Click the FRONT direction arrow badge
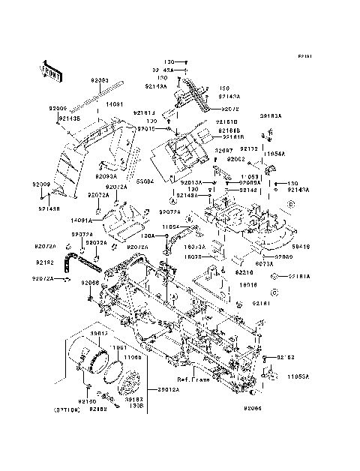point(46,68)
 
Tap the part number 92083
point(100,80)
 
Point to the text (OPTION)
point(67,410)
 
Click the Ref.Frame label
point(193,379)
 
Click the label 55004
point(145,181)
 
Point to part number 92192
point(44,263)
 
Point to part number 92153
point(287,358)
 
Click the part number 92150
point(88,402)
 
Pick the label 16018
point(249,285)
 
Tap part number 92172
point(249,149)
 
